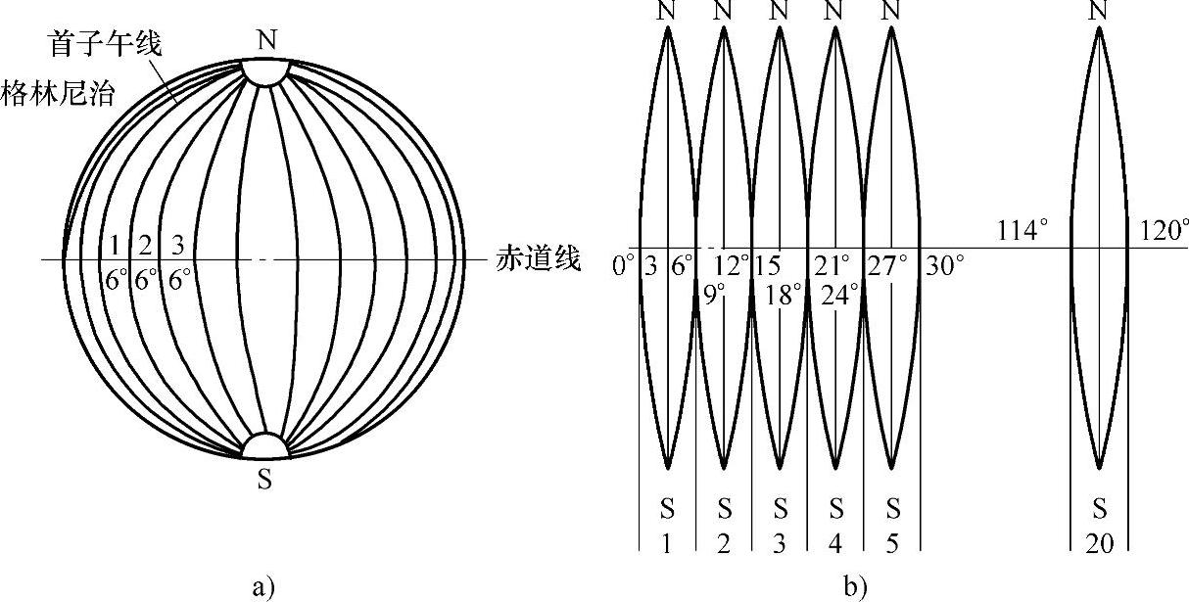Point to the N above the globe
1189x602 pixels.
[265, 40]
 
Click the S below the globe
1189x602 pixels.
[265, 481]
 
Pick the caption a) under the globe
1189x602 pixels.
[262, 586]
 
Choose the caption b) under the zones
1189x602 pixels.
[854, 586]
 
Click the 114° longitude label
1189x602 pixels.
[1023, 232]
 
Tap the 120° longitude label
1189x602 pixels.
[1165, 232]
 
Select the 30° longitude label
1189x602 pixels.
[945, 264]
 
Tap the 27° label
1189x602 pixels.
[889, 264]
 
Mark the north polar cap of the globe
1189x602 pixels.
[265, 70]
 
